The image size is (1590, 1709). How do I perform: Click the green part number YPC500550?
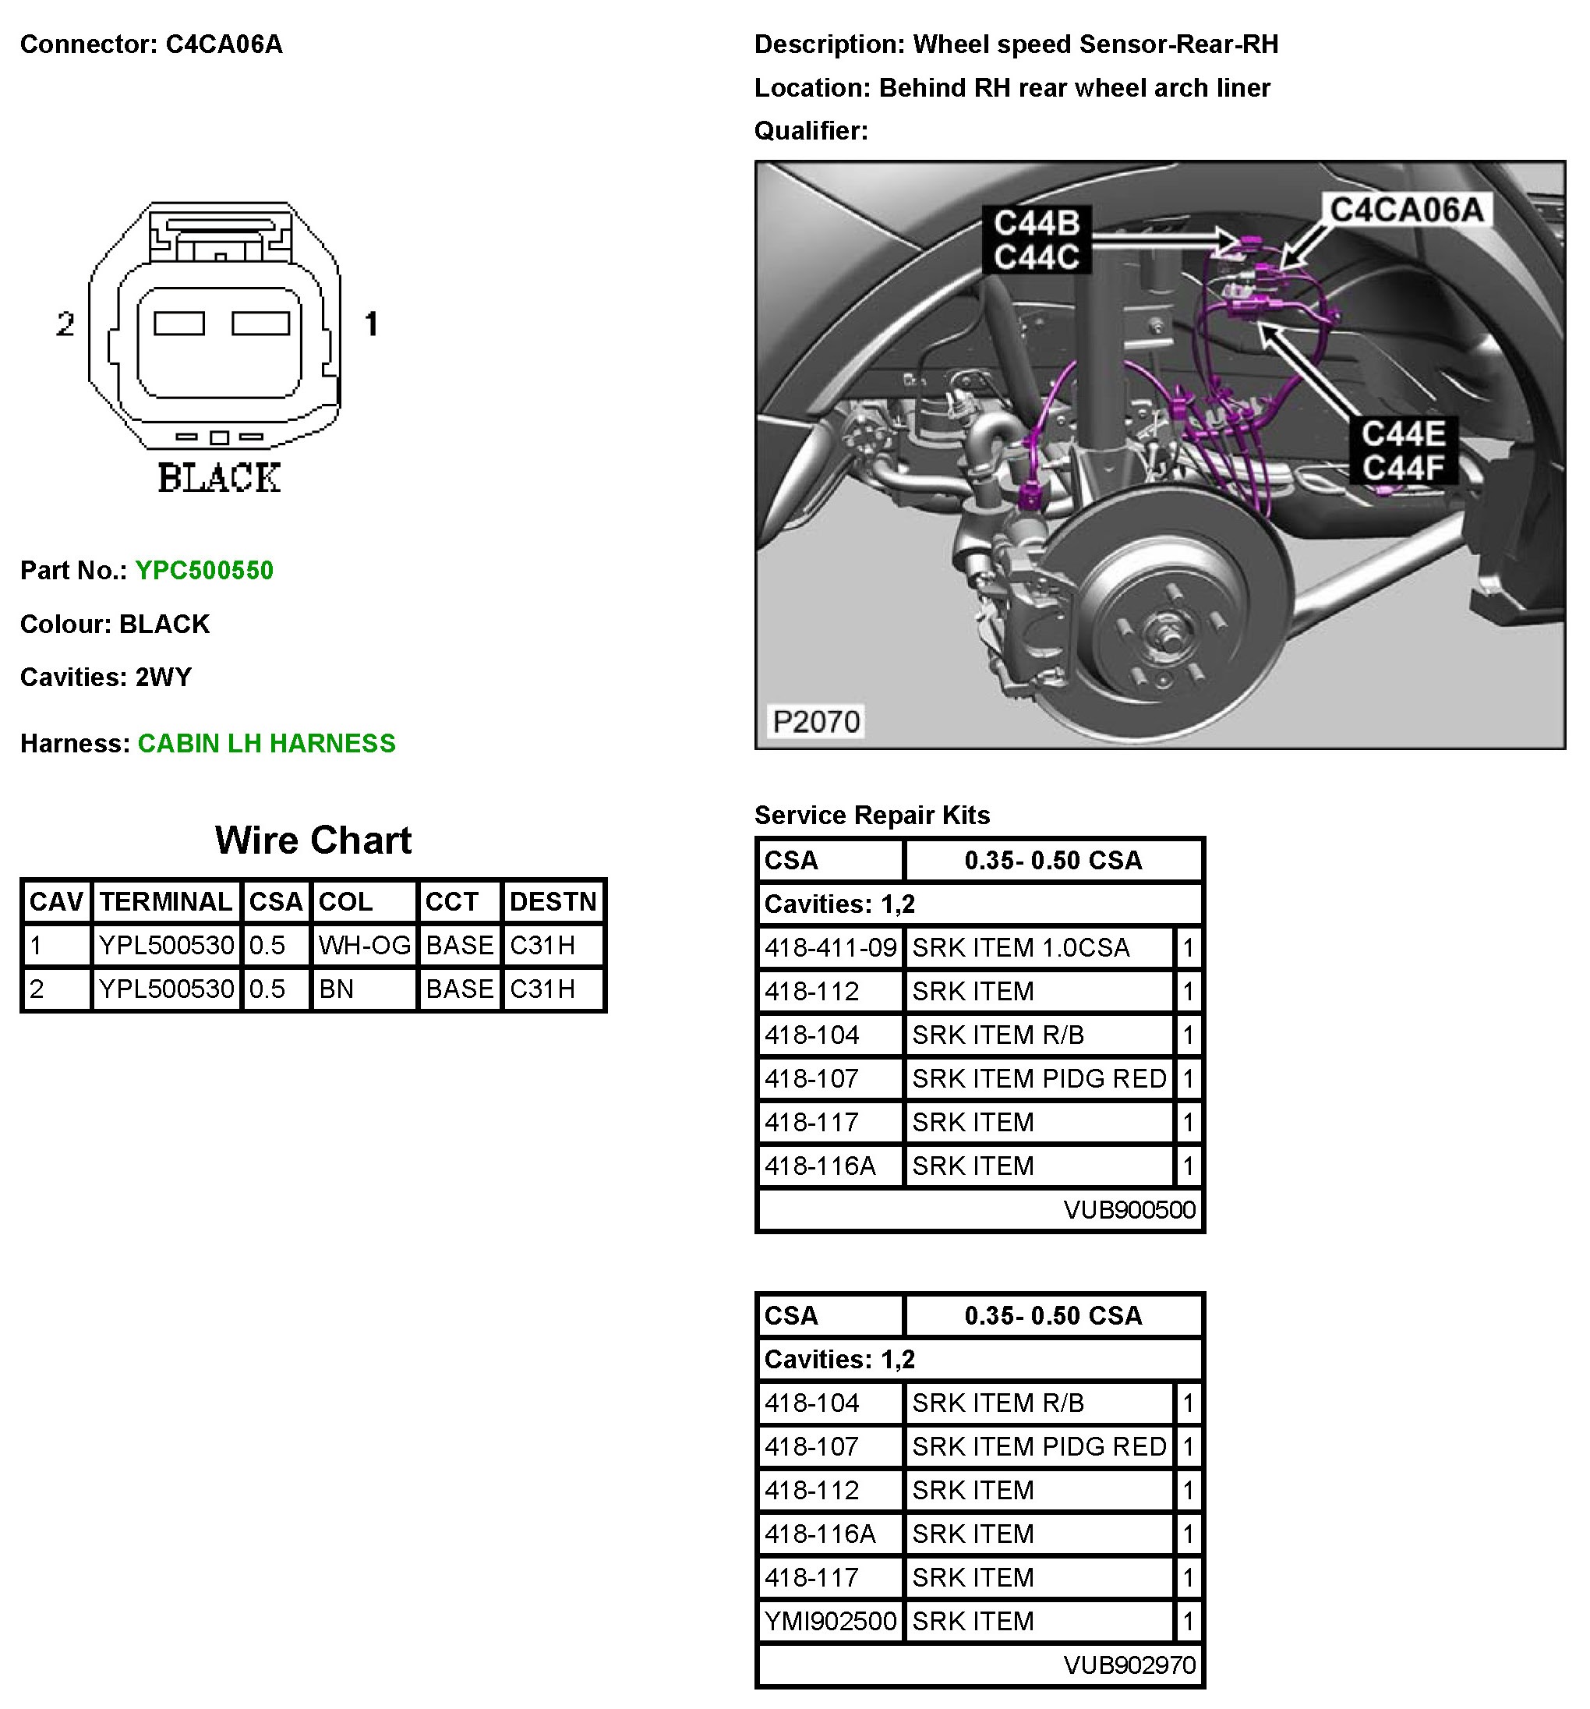tap(203, 570)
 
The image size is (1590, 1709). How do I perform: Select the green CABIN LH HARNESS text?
tap(267, 743)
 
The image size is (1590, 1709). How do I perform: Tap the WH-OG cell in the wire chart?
tap(365, 946)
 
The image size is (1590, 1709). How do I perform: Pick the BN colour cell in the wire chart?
tap(365, 989)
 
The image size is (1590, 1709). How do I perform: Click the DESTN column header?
tap(553, 901)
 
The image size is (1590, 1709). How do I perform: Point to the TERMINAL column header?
tap(166, 901)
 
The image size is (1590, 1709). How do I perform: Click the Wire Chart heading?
tap(313, 840)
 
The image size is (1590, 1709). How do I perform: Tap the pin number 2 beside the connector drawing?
tap(65, 324)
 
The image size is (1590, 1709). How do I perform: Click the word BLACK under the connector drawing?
tap(219, 478)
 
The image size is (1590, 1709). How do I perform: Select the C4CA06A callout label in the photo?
tap(1406, 209)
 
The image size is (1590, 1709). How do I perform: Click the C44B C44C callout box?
tap(1037, 240)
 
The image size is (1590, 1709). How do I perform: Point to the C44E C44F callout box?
tap(1403, 451)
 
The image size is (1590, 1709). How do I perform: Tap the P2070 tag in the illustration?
tap(815, 721)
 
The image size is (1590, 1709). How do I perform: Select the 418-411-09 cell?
tap(831, 947)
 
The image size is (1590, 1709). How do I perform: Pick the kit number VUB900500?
tap(1129, 1209)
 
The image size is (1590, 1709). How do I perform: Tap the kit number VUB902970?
tap(1129, 1665)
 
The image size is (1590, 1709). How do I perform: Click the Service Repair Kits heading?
tap(871, 815)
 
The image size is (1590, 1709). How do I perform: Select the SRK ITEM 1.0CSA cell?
tap(1039, 947)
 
